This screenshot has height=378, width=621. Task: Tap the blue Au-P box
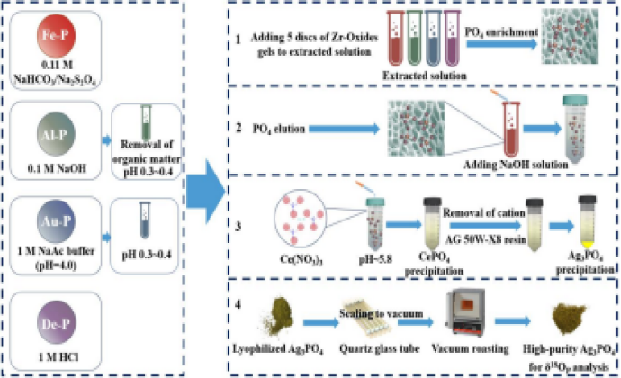54,225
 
